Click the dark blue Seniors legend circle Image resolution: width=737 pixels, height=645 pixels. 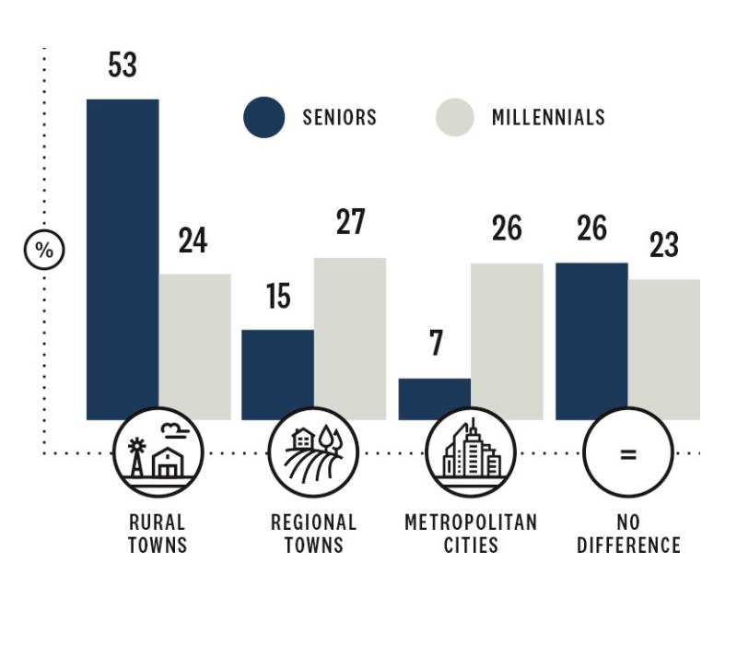(x=264, y=118)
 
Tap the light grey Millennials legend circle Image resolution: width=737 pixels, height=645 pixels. (x=454, y=118)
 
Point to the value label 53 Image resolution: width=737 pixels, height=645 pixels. (x=123, y=65)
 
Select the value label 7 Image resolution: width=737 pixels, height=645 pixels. (x=436, y=344)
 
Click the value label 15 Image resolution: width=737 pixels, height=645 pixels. (x=278, y=296)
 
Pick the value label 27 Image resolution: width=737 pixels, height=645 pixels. (x=351, y=222)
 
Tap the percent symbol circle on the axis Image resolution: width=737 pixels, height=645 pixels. (x=44, y=250)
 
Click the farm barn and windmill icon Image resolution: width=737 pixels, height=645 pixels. (x=158, y=452)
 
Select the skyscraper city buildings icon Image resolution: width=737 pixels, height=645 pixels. (x=471, y=452)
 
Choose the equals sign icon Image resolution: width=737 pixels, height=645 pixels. (x=627, y=452)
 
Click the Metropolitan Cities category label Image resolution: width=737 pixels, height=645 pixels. (x=471, y=534)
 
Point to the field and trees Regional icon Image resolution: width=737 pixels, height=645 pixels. (x=314, y=452)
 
